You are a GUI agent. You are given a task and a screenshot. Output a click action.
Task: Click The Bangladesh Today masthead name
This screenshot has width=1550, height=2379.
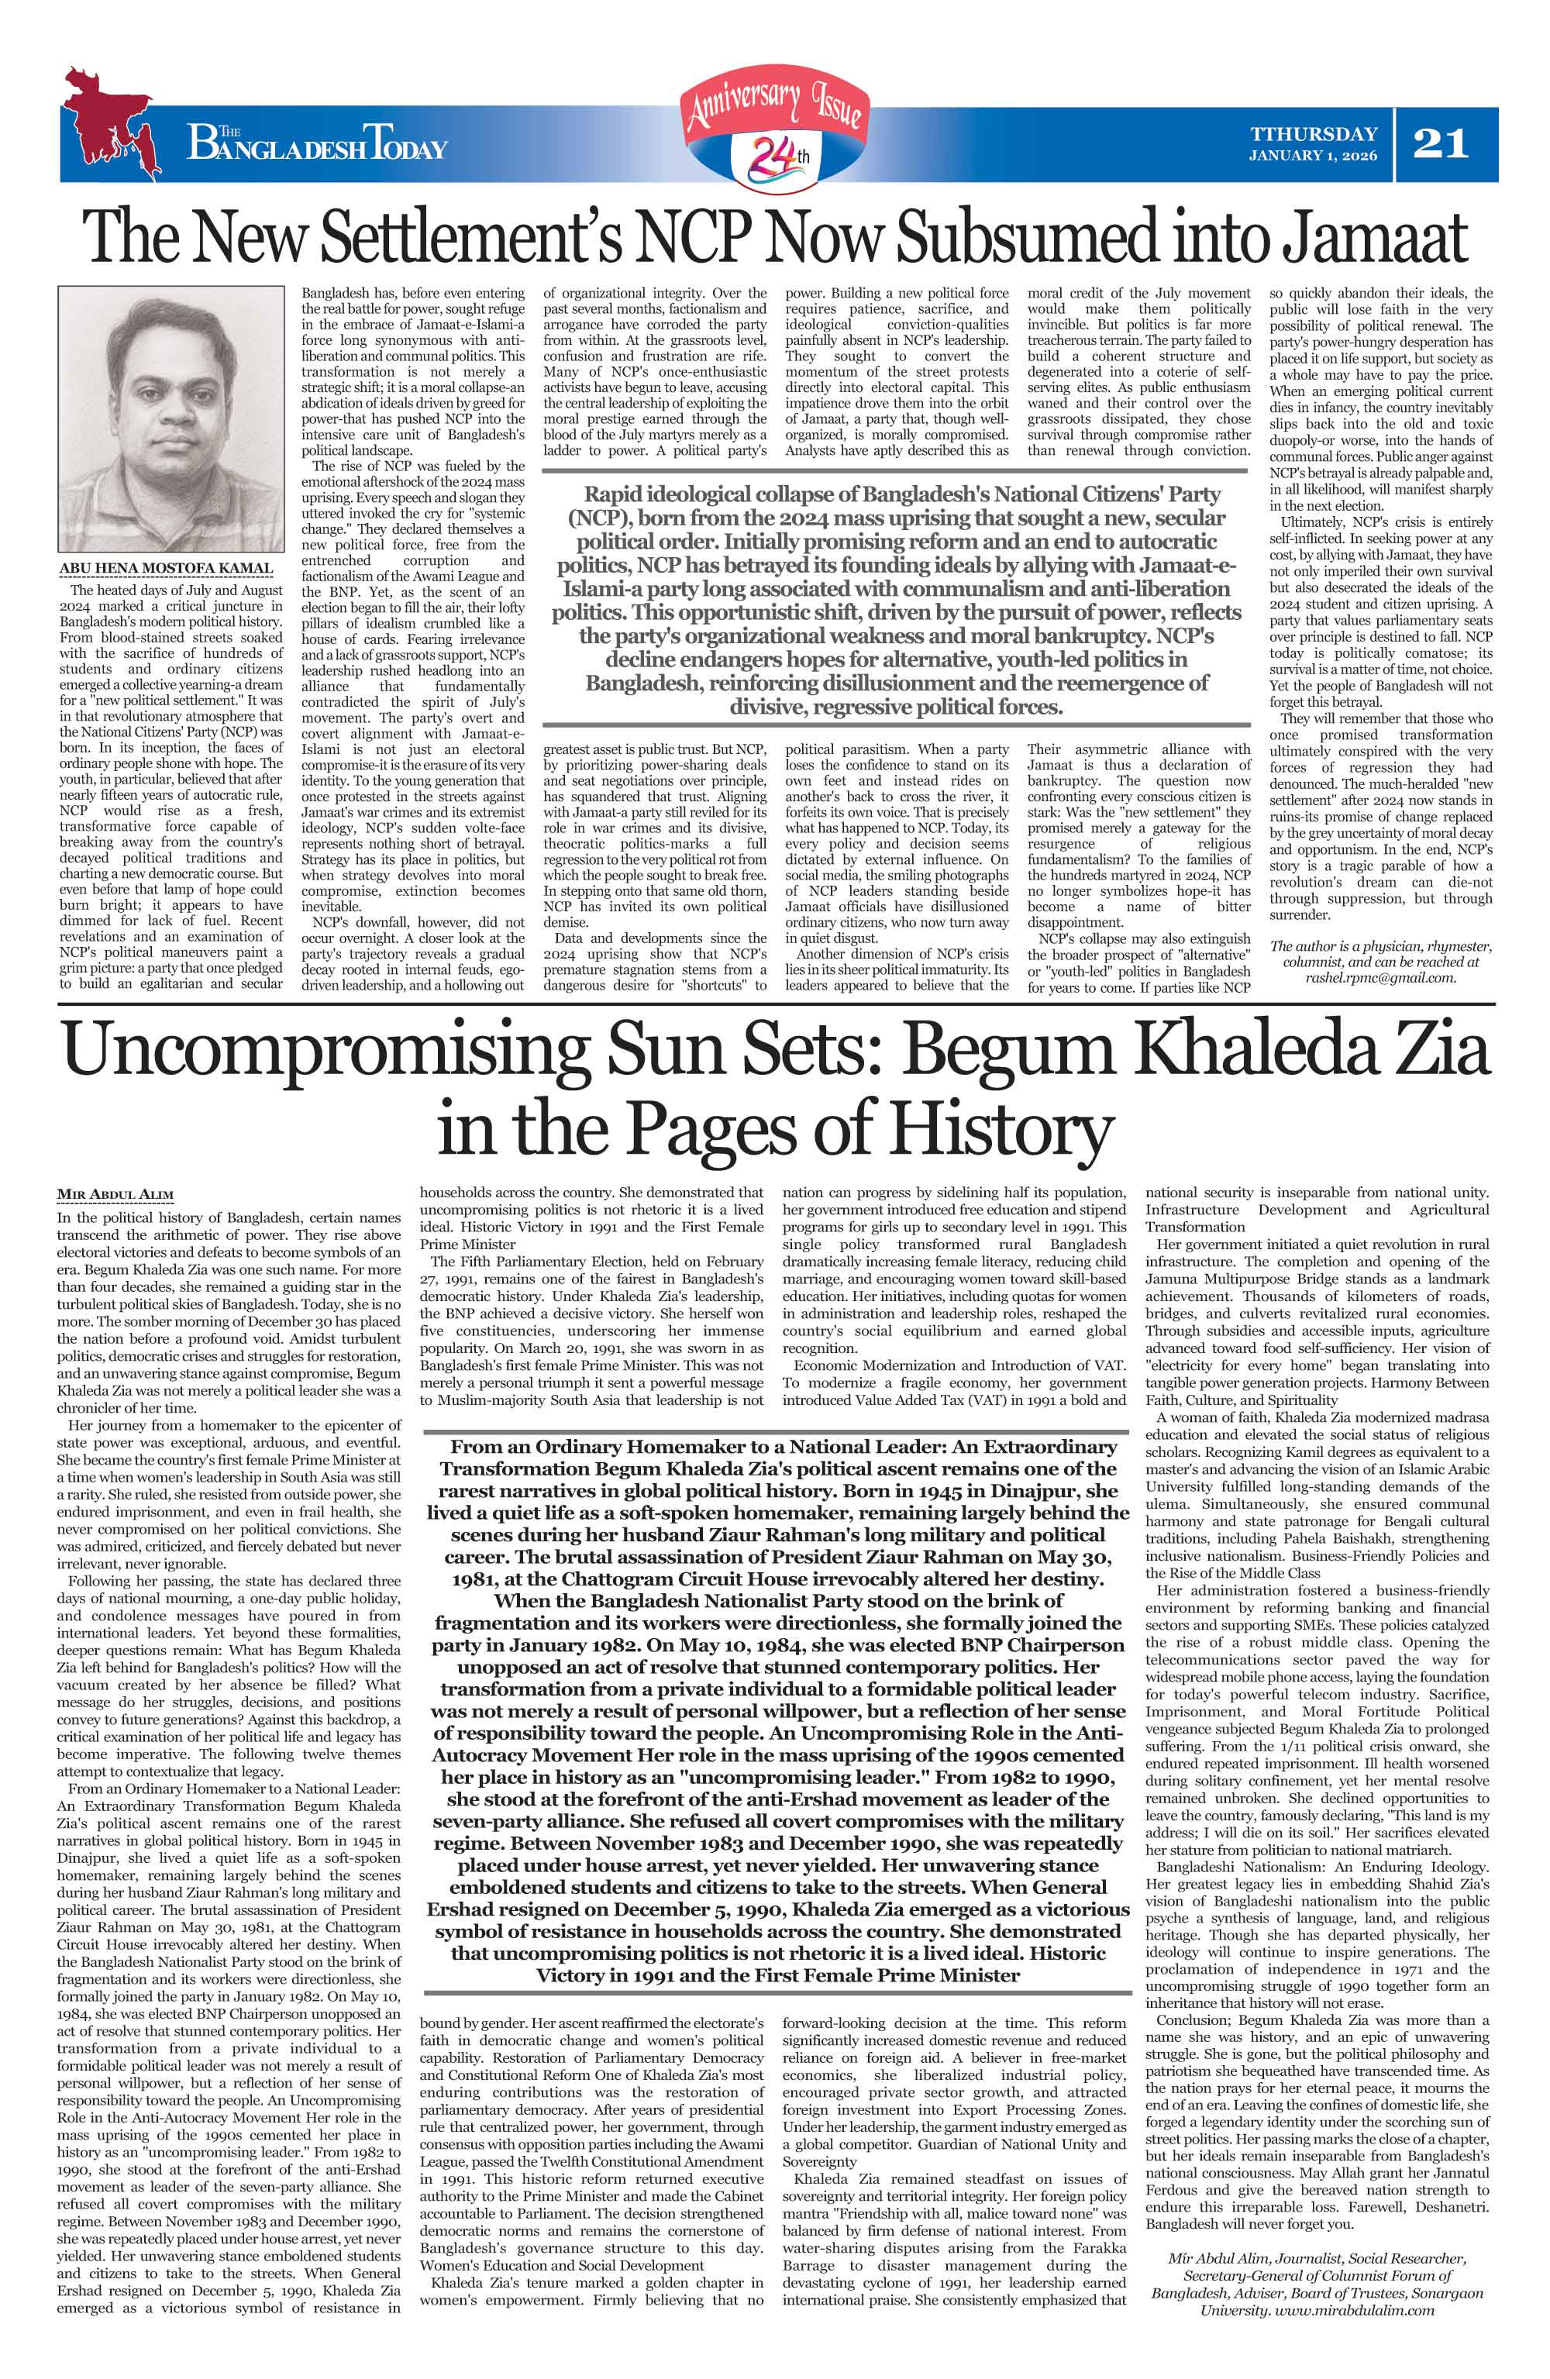[x=317, y=147]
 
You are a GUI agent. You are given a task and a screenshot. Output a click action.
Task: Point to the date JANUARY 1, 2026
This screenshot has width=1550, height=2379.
[x=1312, y=156]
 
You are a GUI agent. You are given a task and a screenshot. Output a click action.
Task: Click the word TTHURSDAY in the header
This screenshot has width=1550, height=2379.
[x=1313, y=134]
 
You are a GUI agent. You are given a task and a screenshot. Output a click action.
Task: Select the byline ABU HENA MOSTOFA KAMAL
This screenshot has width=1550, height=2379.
[x=166, y=569]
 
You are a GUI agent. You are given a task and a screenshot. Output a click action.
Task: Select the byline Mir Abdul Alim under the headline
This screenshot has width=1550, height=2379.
[x=115, y=1194]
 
